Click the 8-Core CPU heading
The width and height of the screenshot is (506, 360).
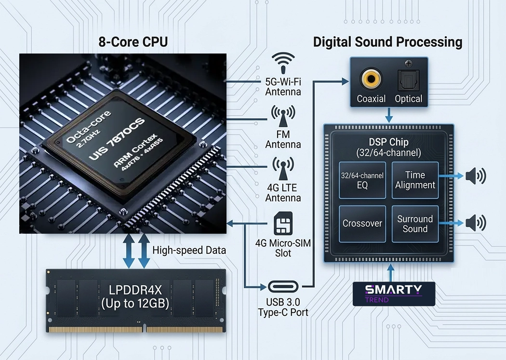[x=133, y=42]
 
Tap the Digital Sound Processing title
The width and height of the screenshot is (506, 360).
[x=387, y=42]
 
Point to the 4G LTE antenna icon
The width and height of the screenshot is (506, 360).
[x=283, y=169]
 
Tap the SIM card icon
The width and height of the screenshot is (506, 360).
[x=283, y=224]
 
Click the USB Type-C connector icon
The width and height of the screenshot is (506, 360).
[x=283, y=286]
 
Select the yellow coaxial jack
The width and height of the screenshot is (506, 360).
[x=371, y=79]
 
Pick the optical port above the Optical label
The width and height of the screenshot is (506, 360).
[x=408, y=80]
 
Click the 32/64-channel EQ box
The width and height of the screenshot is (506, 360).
[x=362, y=180]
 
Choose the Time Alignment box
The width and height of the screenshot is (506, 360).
[x=415, y=180]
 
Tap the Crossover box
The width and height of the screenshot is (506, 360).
[x=362, y=224]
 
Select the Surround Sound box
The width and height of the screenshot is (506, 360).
[x=415, y=224]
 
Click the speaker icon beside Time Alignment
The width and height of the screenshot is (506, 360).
[x=476, y=176]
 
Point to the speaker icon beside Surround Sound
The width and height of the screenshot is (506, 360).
[x=476, y=223]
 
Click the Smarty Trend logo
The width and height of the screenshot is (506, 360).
[x=394, y=294]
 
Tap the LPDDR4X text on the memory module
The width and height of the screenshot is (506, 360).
[x=135, y=290]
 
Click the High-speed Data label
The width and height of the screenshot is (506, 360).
[x=189, y=250]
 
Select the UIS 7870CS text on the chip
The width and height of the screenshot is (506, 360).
[x=117, y=139]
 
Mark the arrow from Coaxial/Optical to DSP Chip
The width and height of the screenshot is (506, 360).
[x=389, y=115]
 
